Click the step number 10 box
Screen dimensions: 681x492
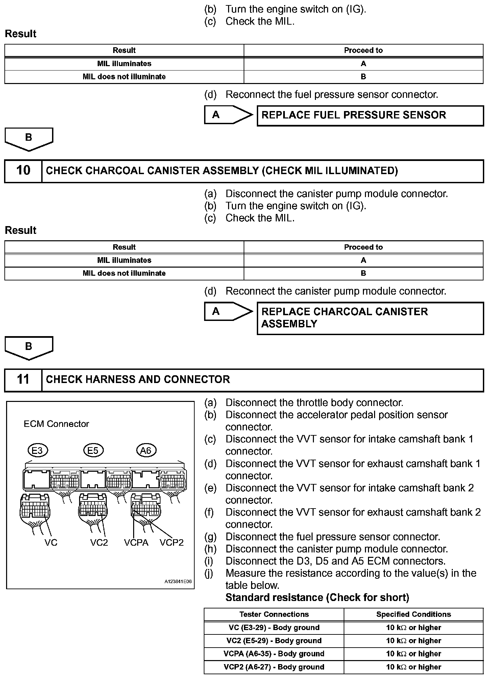[23, 171]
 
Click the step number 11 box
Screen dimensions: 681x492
[23, 380]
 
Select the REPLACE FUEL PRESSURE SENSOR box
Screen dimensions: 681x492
[370, 115]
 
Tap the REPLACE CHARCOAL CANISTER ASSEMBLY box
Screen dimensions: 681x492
[370, 318]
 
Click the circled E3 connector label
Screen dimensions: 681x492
[38, 451]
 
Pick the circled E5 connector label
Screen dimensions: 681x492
[93, 451]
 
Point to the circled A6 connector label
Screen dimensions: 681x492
[146, 451]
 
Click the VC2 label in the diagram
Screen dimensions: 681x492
[99, 543]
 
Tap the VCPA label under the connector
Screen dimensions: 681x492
[136, 543]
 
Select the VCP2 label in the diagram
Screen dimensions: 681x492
[172, 543]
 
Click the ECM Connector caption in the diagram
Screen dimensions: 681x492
[56, 424]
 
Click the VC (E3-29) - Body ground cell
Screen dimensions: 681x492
[274, 628]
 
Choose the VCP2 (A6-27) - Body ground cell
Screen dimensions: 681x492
[274, 667]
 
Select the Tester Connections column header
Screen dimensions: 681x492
[274, 615]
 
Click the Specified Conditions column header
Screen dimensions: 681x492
[414, 615]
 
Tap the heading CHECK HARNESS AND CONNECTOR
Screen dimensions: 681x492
[138, 380]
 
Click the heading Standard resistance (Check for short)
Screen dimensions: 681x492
[317, 598]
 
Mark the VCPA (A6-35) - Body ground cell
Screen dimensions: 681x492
[274, 654]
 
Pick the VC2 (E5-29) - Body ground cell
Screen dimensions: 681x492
[274, 641]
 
